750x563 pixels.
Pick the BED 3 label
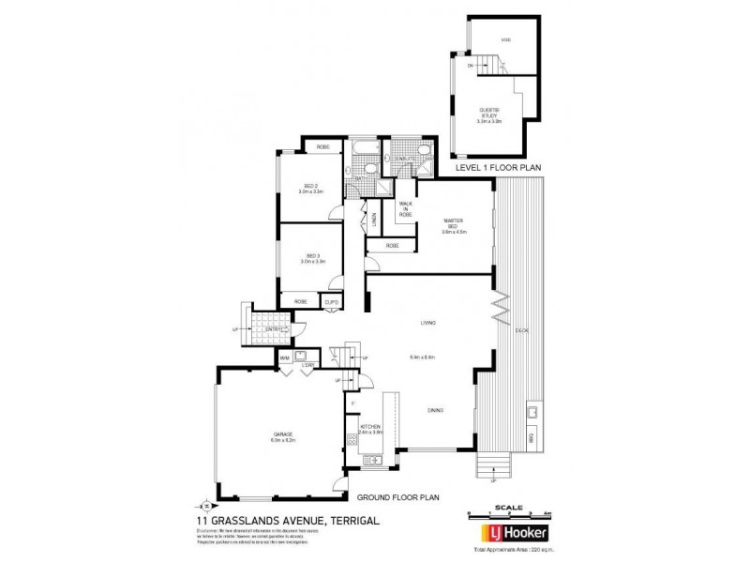[311, 258]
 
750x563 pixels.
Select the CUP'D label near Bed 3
[331, 301]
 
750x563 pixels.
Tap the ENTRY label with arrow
[277, 329]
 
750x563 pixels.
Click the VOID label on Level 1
[505, 40]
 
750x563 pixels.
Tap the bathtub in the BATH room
[362, 149]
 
